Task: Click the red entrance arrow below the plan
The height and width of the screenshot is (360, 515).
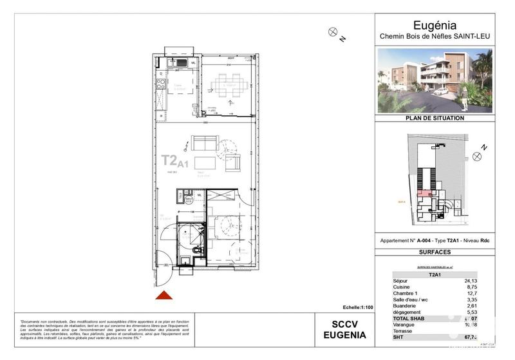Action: coord(164,295)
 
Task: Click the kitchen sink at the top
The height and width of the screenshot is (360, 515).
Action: coord(177,63)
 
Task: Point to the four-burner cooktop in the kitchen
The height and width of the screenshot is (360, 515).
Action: coord(161,83)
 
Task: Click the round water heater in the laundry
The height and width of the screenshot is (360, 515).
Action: coord(189,200)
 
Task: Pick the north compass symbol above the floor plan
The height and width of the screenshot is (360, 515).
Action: coord(333,30)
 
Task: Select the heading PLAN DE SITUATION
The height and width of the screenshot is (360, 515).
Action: coord(435,118)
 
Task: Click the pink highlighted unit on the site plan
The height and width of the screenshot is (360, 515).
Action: coord(422,193)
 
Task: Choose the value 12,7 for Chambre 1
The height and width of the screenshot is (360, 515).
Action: coord(477,294)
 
